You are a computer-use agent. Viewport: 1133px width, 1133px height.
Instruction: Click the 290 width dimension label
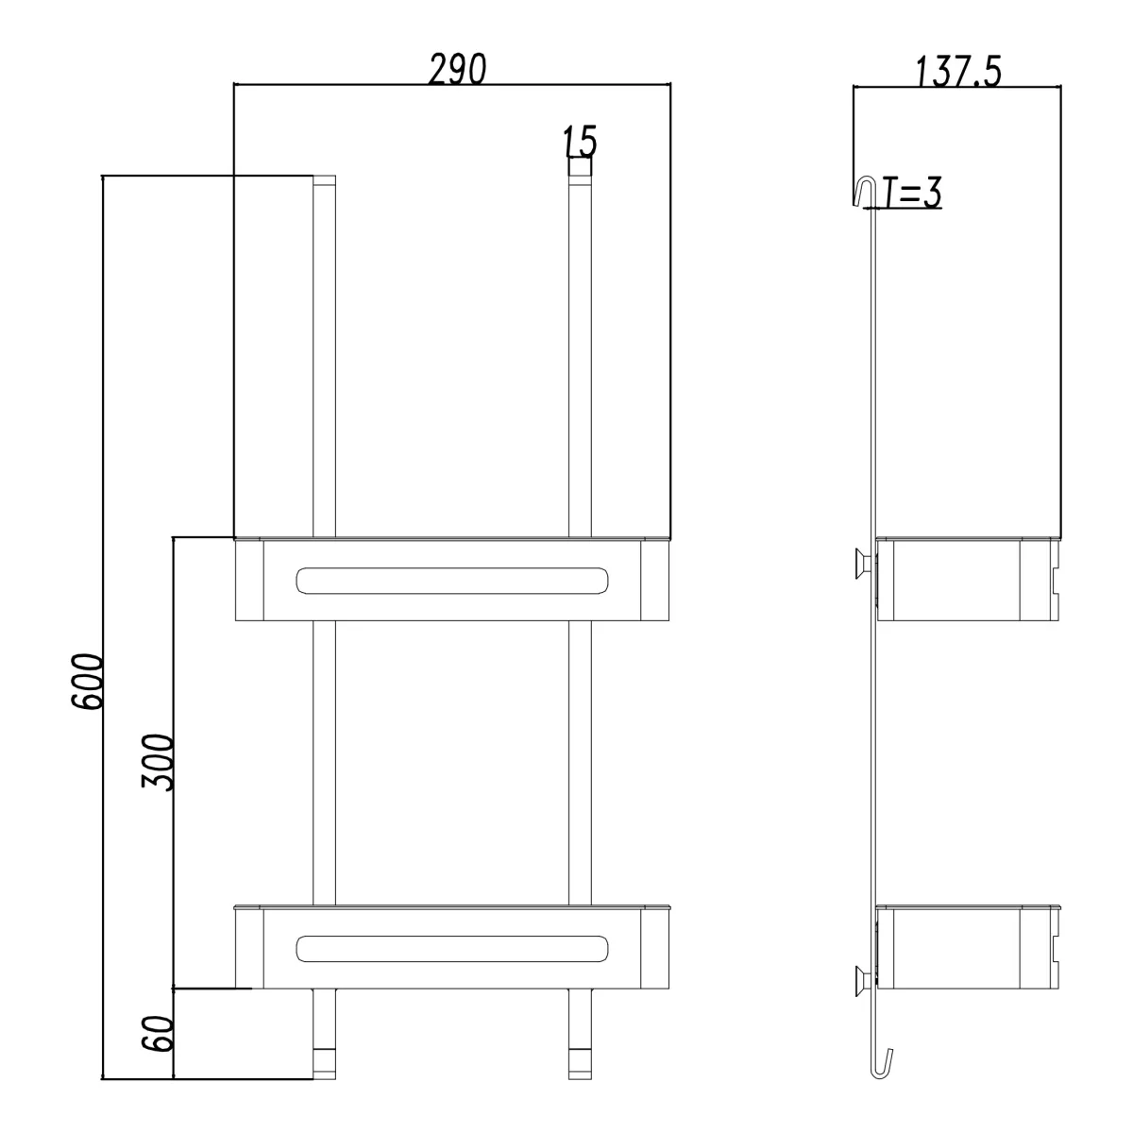tap(457, 69)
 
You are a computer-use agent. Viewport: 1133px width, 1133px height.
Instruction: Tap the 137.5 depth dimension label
tap(958, 73)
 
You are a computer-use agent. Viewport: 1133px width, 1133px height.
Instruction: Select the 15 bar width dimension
tap(580, 141)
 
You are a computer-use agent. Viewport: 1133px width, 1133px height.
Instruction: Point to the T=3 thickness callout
tap(912, 193)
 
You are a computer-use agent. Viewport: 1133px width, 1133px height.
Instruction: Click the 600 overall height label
tap(88, 681)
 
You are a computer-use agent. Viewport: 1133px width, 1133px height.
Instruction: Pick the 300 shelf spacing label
tap(158, 761)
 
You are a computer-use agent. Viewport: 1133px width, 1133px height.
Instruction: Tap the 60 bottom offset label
tap(158, 1033)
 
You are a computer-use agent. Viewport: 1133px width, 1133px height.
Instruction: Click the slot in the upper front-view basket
tap(451, 581)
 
